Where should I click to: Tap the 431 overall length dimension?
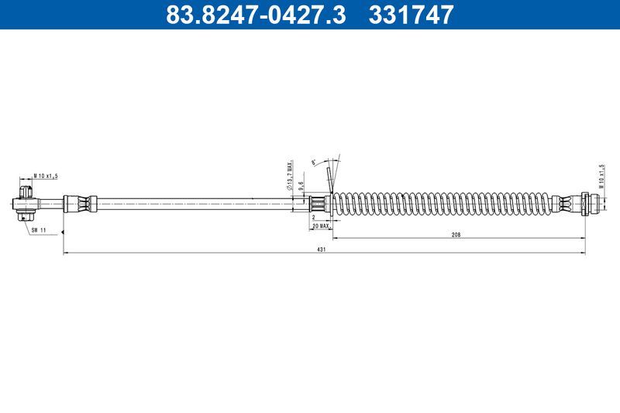click(321, 250)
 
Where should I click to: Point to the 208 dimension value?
click(455, 234)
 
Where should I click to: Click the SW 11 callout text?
click(40, 230)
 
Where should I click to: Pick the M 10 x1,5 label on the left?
click(46, 177)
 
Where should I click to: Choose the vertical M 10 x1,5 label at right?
click(601, 177)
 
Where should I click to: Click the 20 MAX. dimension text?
click(320, 225)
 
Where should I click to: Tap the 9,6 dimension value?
click(301, 186)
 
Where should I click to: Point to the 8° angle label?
click(313, 162)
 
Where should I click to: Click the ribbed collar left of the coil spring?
click(318, 205)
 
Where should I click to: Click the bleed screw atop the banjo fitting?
click(26, 188)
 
